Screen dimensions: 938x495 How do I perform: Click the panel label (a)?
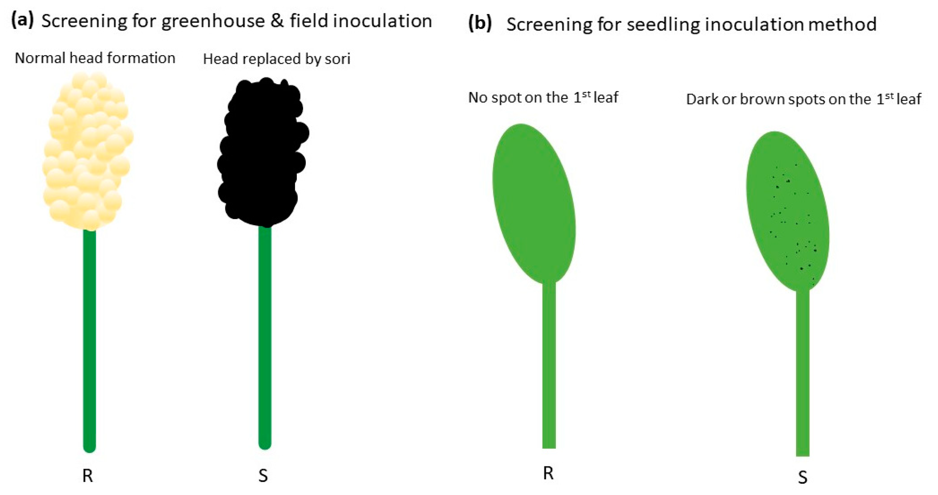[22, 20]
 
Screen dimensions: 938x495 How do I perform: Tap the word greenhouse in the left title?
[213, 21]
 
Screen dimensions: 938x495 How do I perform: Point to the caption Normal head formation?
[95, 58]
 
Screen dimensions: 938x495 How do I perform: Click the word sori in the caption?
[338, 59]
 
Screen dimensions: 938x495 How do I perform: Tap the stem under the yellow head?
[90, 339]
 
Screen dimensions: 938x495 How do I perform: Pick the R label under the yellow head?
[87, 476]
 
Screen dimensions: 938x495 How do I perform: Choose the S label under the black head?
[263, 476]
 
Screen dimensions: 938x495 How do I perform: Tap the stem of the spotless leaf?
[549, 364]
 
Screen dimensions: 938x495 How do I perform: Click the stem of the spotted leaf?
[803, 372]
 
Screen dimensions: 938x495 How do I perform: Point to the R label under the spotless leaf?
[548, 473]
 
